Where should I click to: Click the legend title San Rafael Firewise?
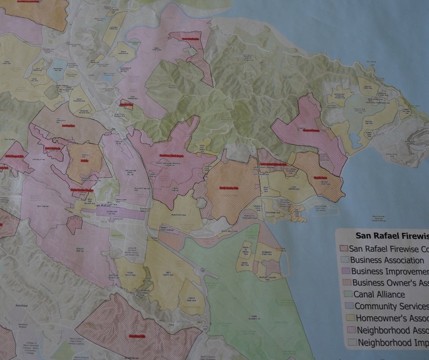392,236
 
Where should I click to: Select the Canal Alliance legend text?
379,295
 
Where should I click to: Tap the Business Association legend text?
387,260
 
